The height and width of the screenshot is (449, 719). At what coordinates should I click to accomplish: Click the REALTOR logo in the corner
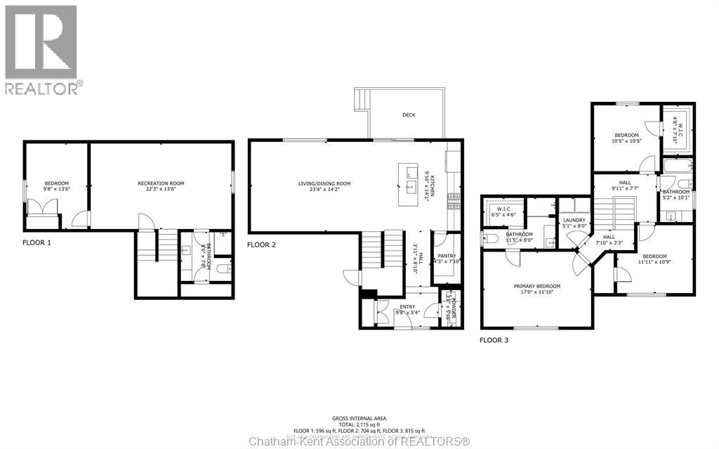[41, 50]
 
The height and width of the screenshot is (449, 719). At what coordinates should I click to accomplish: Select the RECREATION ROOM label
[161, 183]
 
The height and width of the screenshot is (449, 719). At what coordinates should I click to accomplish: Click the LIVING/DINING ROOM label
[324, 184]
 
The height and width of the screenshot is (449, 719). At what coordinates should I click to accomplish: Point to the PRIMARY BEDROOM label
[536, 286]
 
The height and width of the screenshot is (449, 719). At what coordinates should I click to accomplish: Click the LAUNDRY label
[574, 220]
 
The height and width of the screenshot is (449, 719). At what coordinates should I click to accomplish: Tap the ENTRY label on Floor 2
[407, 307]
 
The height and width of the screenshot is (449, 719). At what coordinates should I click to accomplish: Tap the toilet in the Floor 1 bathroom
[223, 268]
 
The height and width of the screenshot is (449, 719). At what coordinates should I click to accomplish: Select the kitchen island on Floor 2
[409, 184]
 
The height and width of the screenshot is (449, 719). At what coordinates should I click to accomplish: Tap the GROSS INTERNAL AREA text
[359, 419]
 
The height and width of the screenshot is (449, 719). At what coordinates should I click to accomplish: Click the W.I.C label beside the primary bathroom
[503, 209]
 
